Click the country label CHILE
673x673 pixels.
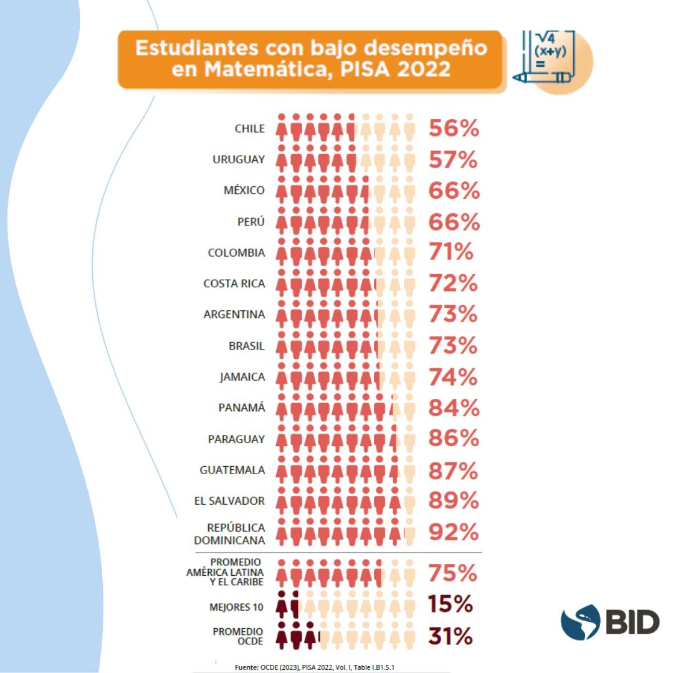[249, 129]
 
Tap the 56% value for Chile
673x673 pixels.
[454, 128]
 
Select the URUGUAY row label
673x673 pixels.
[239, 160]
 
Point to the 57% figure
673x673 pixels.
[453, 160]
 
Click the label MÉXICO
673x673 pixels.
[244, 191]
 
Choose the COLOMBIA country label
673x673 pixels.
[236, 253]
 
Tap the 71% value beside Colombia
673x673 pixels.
[451, 252]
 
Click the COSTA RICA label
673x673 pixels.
[234, 284]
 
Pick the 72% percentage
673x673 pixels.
[453, 284]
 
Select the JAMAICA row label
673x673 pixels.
[242, 377]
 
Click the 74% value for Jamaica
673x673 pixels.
[453, 377]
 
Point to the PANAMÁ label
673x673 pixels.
[241, 408]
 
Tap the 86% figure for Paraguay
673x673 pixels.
[454, 438]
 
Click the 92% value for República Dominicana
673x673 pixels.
[454, 532]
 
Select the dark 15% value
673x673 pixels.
[450, 604]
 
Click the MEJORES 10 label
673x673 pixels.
[236, 607]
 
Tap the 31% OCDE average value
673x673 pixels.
[450, 637]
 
